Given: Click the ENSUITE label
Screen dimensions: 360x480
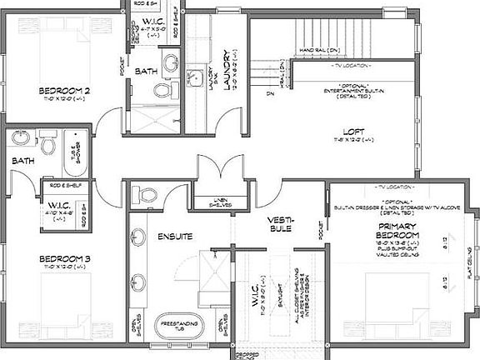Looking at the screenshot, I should [x=175, y=237].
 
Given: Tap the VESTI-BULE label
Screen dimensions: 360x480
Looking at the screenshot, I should [x=278, y=224].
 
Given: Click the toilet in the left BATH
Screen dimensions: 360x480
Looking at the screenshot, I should [x=48, y=147].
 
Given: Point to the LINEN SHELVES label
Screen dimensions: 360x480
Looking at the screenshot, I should [x=220, y=203].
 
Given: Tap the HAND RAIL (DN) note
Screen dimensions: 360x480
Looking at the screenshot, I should [x=317, y=49].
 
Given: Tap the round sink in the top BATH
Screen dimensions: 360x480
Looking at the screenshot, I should [x=172, y=62].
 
